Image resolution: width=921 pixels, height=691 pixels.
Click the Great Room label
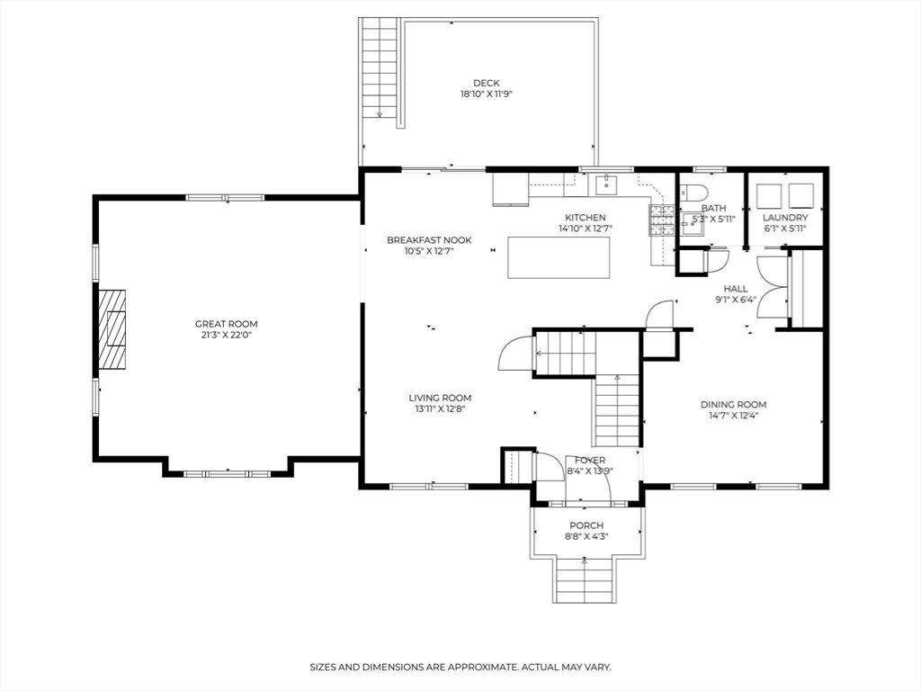tap(226, 324)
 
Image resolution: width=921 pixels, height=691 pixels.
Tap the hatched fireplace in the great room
tap(112, 329)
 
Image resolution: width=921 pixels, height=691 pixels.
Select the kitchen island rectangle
tap(559, 256)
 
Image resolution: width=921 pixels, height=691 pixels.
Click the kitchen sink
tap(606, 184)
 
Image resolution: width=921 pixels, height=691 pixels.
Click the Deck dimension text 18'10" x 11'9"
tap(487, 94)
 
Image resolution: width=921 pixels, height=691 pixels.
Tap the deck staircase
tap(380, 68)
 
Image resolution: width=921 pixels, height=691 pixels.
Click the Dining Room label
tap(734, 404)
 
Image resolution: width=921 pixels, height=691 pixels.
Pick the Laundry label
tap(785, 218)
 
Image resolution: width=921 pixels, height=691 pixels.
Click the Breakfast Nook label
tap(429, 239)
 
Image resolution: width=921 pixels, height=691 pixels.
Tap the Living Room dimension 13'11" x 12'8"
tap(441, 409)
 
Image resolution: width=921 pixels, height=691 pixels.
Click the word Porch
tap(586, 525)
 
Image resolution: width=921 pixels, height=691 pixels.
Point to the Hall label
tap(736, 289)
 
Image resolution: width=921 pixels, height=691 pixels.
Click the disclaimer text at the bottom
tap(460, 667)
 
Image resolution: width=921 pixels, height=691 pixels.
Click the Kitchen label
tap(586, 218)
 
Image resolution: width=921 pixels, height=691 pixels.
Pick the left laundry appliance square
tap(768, 195)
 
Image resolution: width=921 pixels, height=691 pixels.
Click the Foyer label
tap(590, 460)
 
